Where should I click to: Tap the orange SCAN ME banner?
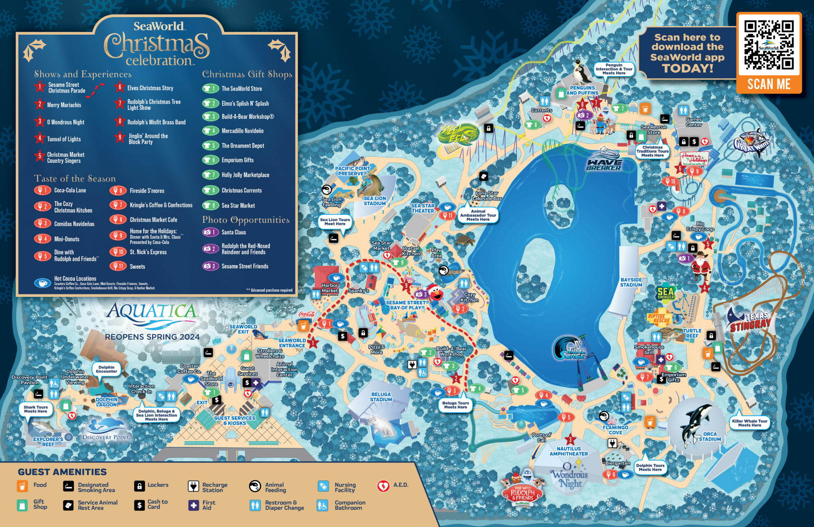coord(769,84)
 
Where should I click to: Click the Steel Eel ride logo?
coord(457,134)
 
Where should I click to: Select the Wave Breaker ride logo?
coord(604,162)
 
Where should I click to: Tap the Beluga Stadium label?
coord(381,397)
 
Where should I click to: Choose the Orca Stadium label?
coord(710,437)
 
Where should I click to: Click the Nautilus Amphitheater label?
coord(569,451)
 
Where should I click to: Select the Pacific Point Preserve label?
coord(352,171)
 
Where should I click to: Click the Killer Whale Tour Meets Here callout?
coord(749,423)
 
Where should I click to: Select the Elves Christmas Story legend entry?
coord(150,88)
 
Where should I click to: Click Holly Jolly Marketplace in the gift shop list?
coord(245,175)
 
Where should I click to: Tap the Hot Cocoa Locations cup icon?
coord(42,282)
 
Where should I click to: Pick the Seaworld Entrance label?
coord(292,343)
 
